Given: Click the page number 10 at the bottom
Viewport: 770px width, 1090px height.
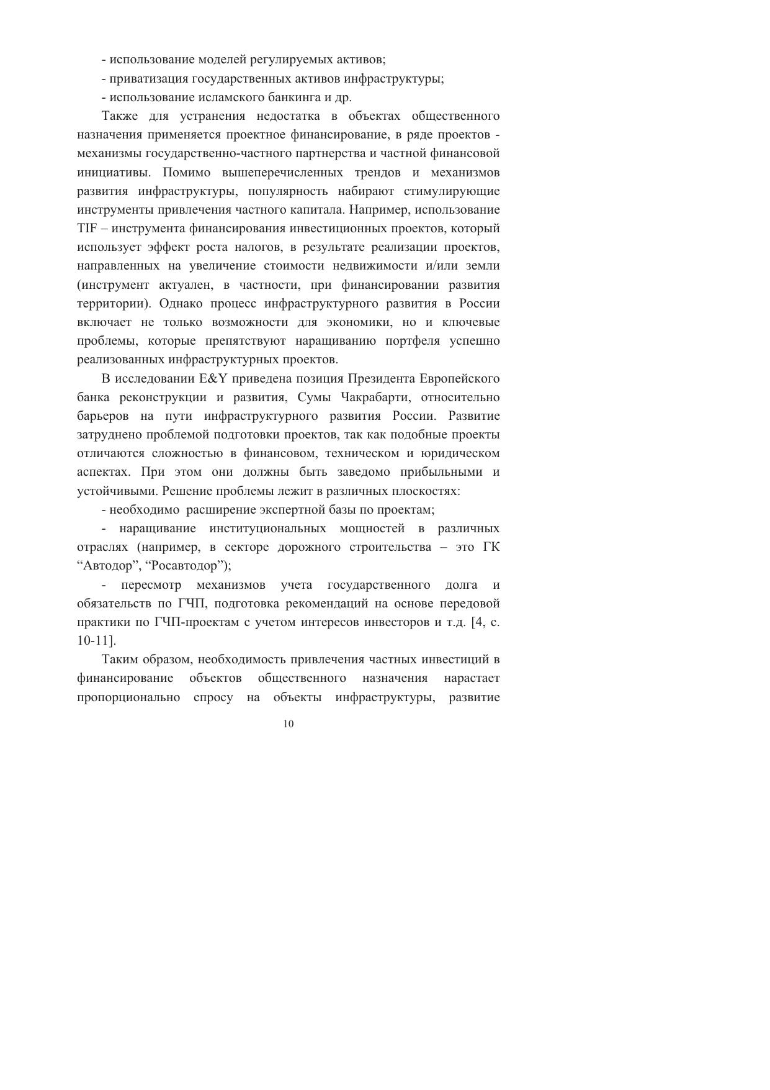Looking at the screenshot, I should click(288, 724).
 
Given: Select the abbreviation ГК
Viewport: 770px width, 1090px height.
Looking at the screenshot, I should click(491, 547).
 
